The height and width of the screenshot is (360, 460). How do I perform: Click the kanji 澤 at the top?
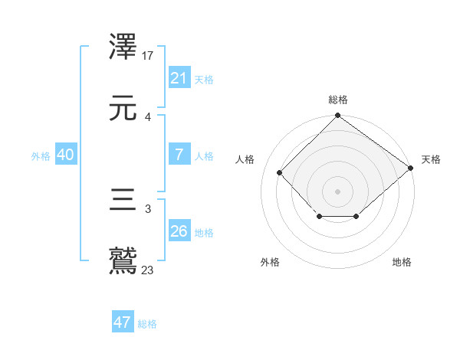tap(123, 47)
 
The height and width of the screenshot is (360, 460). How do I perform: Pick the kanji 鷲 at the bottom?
tap(123, 260)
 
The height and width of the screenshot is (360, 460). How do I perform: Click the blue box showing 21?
tap(179, 78)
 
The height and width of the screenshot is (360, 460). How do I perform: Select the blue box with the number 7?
tap(179, 155)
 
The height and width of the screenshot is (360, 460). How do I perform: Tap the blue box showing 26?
tap(179, 231)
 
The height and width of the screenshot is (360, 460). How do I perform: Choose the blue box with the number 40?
tap(65, 155)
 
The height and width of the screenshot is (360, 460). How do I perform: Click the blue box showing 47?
tap(123, 322)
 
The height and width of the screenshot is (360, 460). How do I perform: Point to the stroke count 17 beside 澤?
tap(148, 55)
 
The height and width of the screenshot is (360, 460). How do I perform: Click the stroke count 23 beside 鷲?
tap(148, 270)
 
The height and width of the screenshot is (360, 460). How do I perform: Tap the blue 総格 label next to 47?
tap(147, 324)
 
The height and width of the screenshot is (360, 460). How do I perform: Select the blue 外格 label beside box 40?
tap(41, 156)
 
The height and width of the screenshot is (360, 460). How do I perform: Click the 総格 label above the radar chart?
tap(337, 100)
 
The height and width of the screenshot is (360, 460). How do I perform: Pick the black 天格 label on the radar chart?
tap(431, 159)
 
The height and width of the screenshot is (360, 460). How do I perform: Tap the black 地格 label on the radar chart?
tap(402, 262)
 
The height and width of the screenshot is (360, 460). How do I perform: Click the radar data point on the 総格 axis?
tap(337, 116)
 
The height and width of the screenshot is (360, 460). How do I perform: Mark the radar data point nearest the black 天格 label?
tap(410, 168)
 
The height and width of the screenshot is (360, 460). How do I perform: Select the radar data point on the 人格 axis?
tap(279, 172)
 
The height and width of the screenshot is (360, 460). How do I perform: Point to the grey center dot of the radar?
tap(337, 191)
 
